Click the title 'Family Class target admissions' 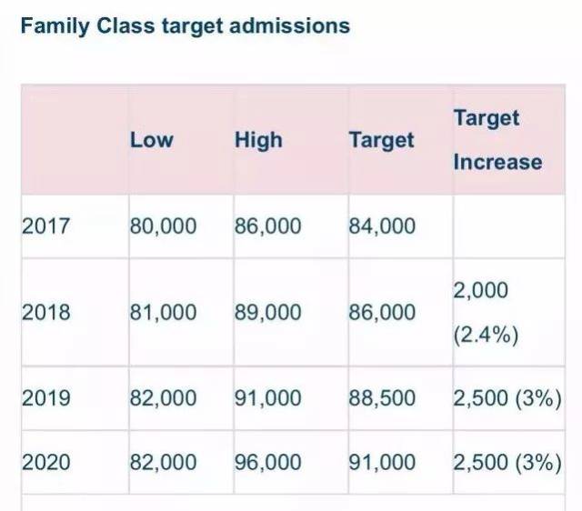[185, 25]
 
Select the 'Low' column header [151, 140]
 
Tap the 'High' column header [258, 140]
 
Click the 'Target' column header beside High [381, 140]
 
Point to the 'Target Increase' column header [497, 140]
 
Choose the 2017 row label [45, 225]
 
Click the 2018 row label [45, 312]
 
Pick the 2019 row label [45, 398]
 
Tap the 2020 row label [45, 462]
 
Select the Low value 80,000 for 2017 [163, 225]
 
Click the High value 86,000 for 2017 [267, 225]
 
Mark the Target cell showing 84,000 [382, 225]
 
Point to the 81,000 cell [163, 312]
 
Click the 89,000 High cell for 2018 [267, 312]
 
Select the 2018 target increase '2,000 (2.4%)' [487, 313]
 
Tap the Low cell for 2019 [163, 398]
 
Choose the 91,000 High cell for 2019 [267, 398]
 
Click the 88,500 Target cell [382, 398]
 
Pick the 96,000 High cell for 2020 [267, 462]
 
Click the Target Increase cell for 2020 [507, 462]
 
